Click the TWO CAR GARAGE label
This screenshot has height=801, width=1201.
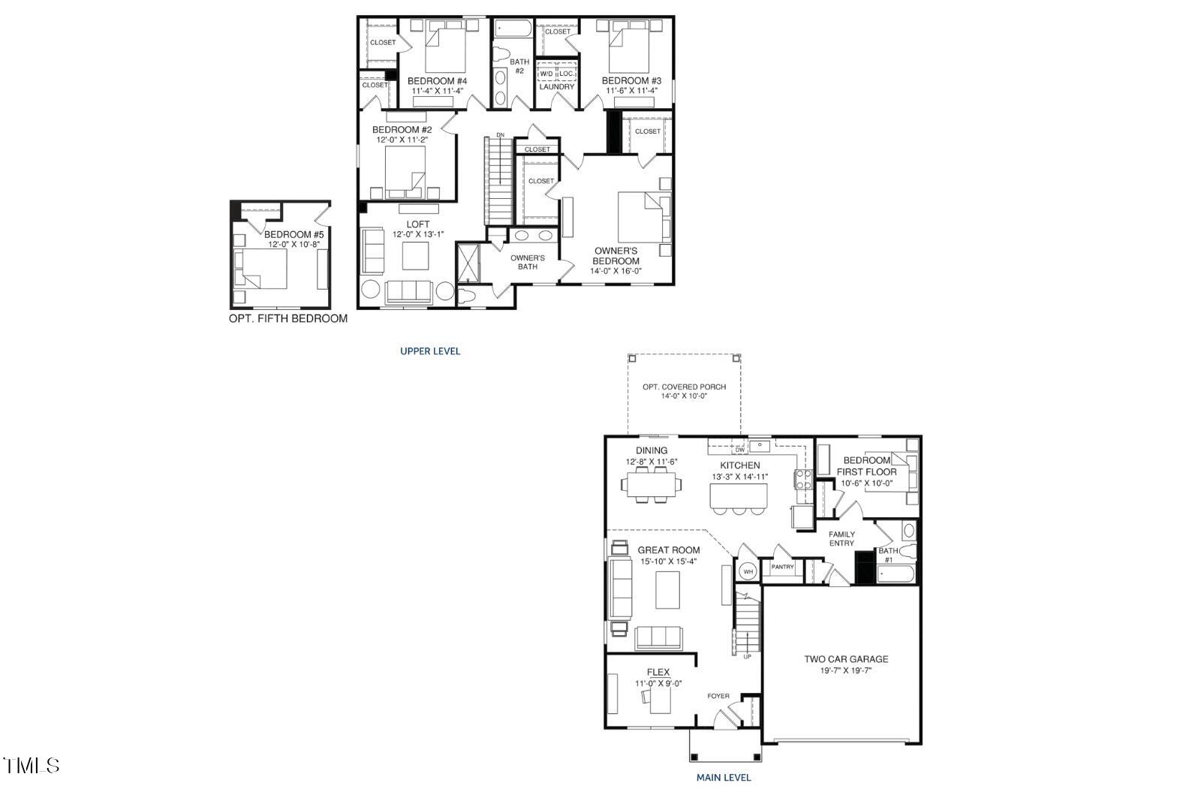pyautogui.click(x=846, y=659)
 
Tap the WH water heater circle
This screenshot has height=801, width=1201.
pyautogui.click(x=748, y=571)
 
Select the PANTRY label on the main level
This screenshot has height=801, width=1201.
pyautogui.click(x=782, y=568)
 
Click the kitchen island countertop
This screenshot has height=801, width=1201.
pyautogui.click(x=739, y=495)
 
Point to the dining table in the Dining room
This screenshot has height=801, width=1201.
pyautogui.click(x=652, y=485)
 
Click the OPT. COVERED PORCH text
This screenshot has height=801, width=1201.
pyautogui.click(x=684, y=387)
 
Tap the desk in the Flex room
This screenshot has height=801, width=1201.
pyautogui.click(x=658, y=702)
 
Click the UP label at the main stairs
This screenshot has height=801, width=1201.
pyautogui.click(x=747, y=657)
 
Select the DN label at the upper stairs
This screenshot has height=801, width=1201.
pyautogui.click(x=500, y=135)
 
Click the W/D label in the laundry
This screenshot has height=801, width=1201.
pyautogui.click(x=546, y=74)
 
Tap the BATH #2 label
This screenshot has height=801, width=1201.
pyautogui.click(x=519, y=66)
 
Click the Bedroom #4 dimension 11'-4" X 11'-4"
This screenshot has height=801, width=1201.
pyautogui.click(x=438, y=91)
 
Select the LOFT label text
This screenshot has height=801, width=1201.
pyautogui.click(x=418, y=224)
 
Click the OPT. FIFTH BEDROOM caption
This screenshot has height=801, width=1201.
pyautogui.click(x=288, y=318)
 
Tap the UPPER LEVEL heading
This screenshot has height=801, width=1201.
pyautogui.click(x=430, y=351)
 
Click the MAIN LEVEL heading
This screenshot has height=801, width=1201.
pyautogui.click(x=724, y=778)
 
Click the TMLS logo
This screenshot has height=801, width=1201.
pyautogui.click(x=32, y=766)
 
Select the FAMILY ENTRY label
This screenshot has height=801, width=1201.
pyautogui.click(x=841, y=538)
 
